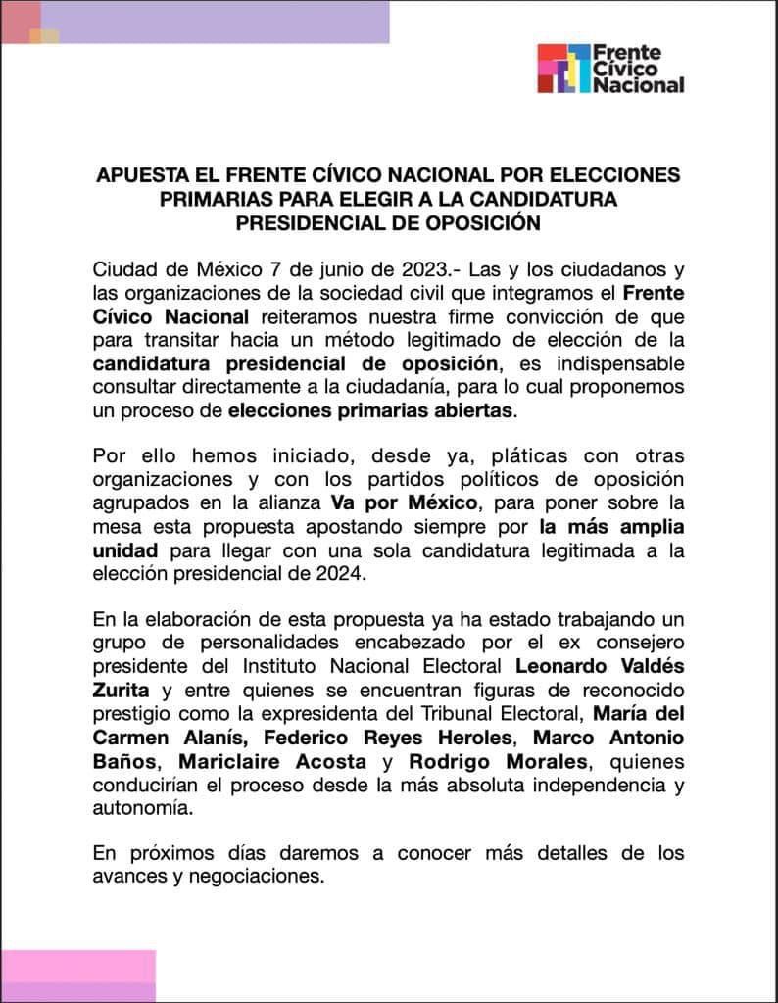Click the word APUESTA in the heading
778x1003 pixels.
139,175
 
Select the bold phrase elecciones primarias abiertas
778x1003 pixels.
370,411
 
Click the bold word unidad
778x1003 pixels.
124,551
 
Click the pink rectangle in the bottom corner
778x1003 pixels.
78,976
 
